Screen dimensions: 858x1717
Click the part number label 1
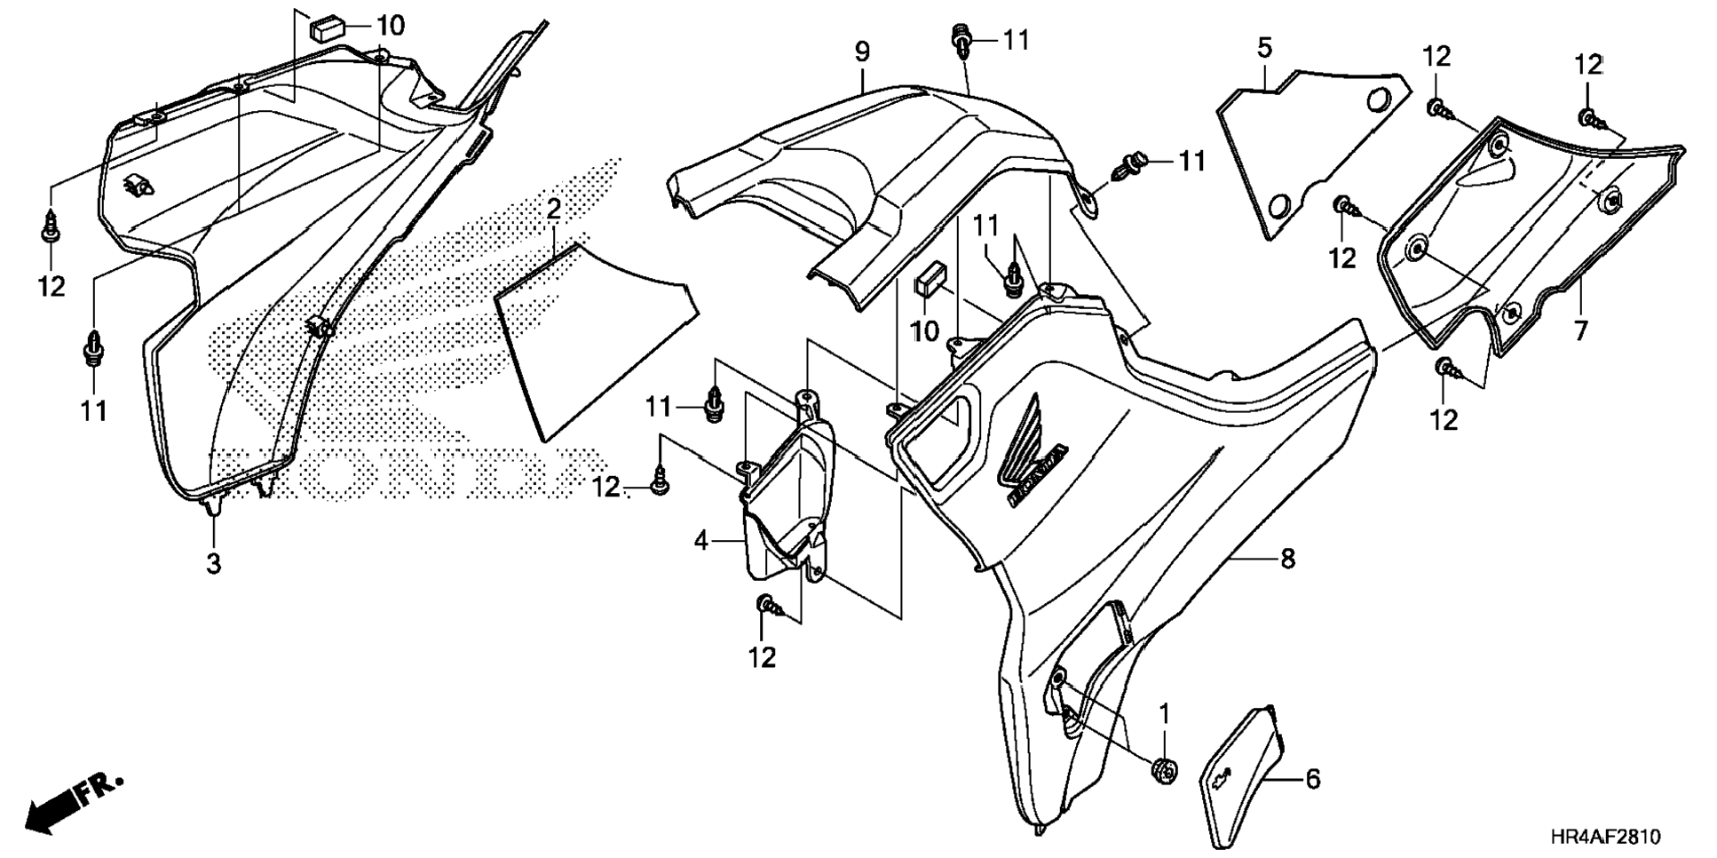point(1164,713)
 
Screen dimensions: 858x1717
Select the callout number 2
point(553,210)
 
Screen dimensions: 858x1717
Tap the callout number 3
point(213,562)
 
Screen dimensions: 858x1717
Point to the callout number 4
point(701,539)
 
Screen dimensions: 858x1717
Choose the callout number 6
point(1312,779)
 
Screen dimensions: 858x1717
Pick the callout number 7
point(1580,331)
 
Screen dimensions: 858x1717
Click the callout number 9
point(862,52)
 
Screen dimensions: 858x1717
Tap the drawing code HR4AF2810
point(1604,837)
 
